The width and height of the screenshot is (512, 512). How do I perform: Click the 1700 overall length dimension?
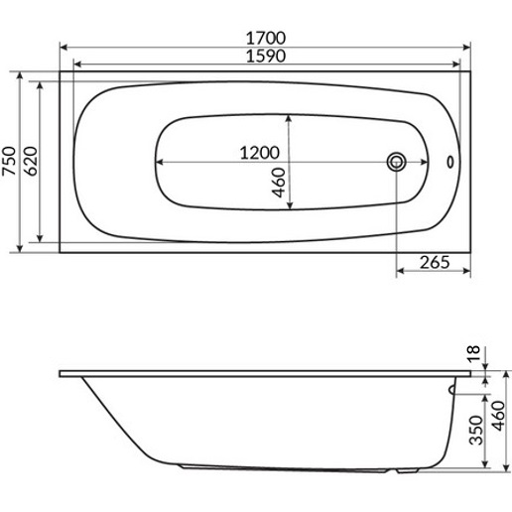tap(266, 39)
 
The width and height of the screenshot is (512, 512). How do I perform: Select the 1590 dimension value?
tap(266, 57)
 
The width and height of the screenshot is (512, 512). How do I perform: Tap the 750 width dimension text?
tap(9, 161)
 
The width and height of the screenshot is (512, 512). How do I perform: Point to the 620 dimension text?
tap(31, 161)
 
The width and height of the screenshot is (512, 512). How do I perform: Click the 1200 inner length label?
tap(260, 153)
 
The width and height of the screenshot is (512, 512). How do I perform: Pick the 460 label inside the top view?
tap(279, 183)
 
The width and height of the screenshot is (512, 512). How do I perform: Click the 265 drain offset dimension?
tap(435, 262)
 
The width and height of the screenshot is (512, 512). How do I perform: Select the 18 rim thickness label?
tap(474, 354)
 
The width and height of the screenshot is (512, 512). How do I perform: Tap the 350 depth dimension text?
tap(476, 430)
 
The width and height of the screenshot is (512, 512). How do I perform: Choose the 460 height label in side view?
tap(499, 416)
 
